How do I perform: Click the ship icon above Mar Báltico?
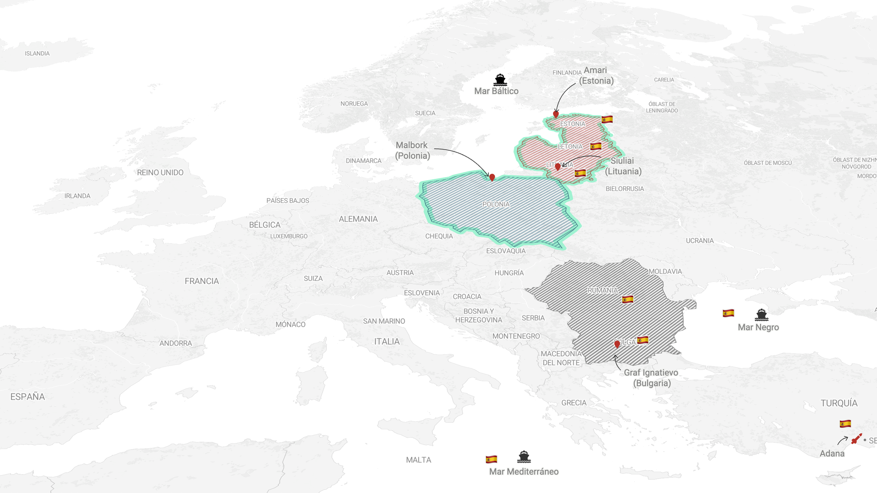pyautogui.click(x=500, y=80)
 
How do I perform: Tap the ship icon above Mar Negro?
pyautogui.click(x=762, y=315)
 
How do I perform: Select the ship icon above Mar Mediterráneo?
pyautogui.click(x=524, y=457)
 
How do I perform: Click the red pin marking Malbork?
pyautogui.click(x=492, y=177)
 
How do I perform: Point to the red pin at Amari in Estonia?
pyautogui.click(x=556, y=114)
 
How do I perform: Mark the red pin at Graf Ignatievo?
pyautogui.click(x=617, y=344)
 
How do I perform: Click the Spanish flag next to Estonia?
pyautogui.click(x=607, y=119)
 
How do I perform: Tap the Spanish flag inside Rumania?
pyautogui.click(x=627, y=299)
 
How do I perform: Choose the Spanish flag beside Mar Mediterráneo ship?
pyautogui.click(x=492, y=459)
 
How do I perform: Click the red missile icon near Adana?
pyautogui.click(x=856, y=439)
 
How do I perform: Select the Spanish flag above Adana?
pyautogui.click(x=845, y=424)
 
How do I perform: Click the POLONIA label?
pyautogui.click(x=496, y=204)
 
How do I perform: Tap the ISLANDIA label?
pyautogui.click(x=37, y=53)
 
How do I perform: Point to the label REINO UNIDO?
pyautogui.click(x=160, y=173)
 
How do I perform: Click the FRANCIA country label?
pyautogui.click(x=202, y=281)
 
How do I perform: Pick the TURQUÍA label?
pyautogui.click(x=839, y=403)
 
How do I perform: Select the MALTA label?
pyautogui.click(x=418, y=460)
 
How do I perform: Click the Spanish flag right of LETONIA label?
pyautogui.click(x=595, y=146)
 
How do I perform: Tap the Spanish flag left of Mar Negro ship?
pyautogui.click(x=728, y=313)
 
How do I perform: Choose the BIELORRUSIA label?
pyautogui.click(x=625, y=189)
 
